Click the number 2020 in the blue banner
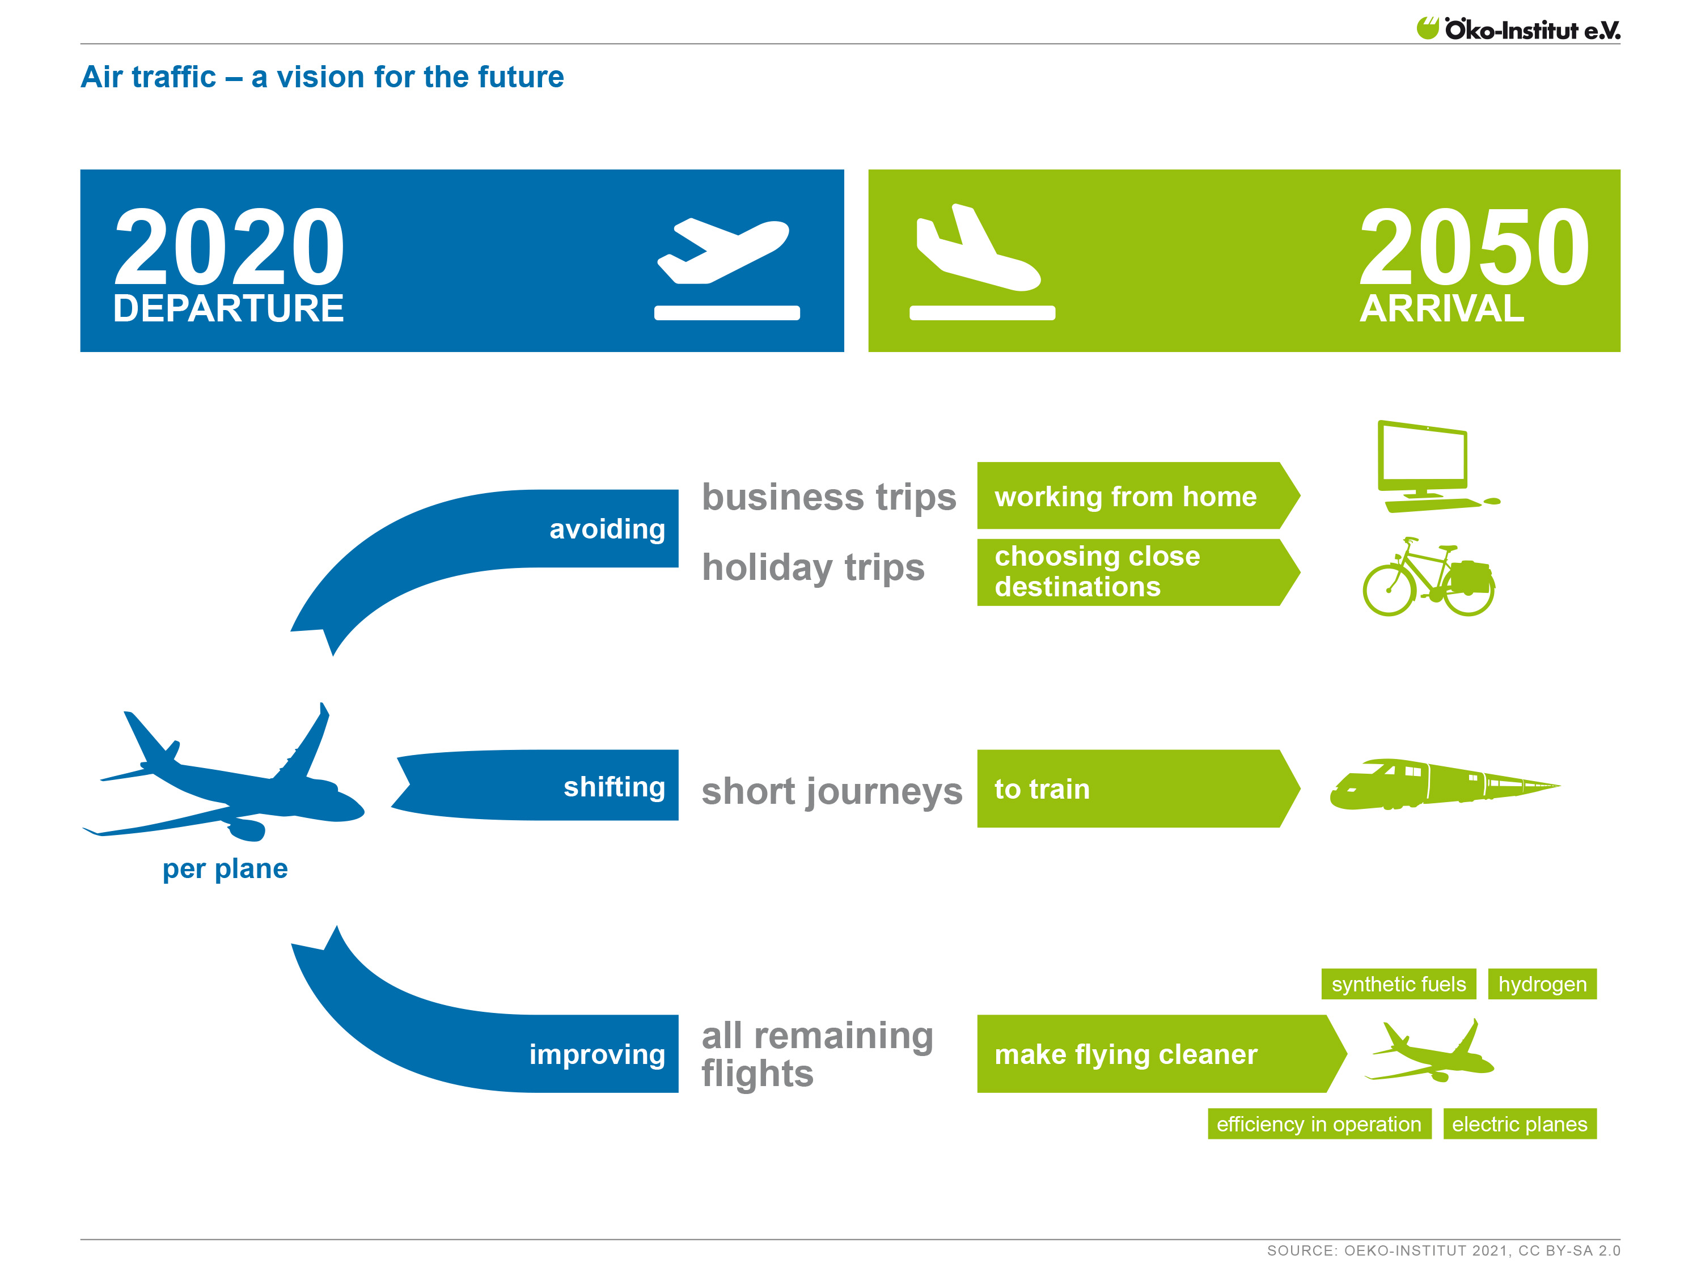point(229,248)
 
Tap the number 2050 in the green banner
point(1474,248)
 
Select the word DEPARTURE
point(229,309)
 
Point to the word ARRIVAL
point(1441,309)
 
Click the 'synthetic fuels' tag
point(1398,984)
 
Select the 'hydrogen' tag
point(1542,984)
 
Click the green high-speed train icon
point(1438,785)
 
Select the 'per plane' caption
point(225,868)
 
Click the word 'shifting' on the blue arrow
point(613,786)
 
